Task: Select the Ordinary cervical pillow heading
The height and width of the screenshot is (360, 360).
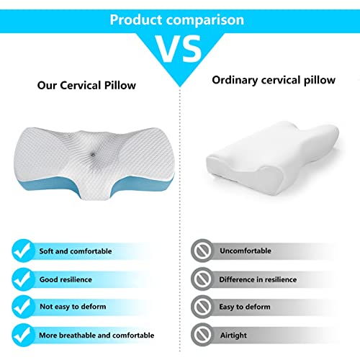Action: tap(274, 79)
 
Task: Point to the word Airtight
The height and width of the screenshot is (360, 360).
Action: tap(233, 335)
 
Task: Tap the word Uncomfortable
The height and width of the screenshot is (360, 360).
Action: tap(246, 251)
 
